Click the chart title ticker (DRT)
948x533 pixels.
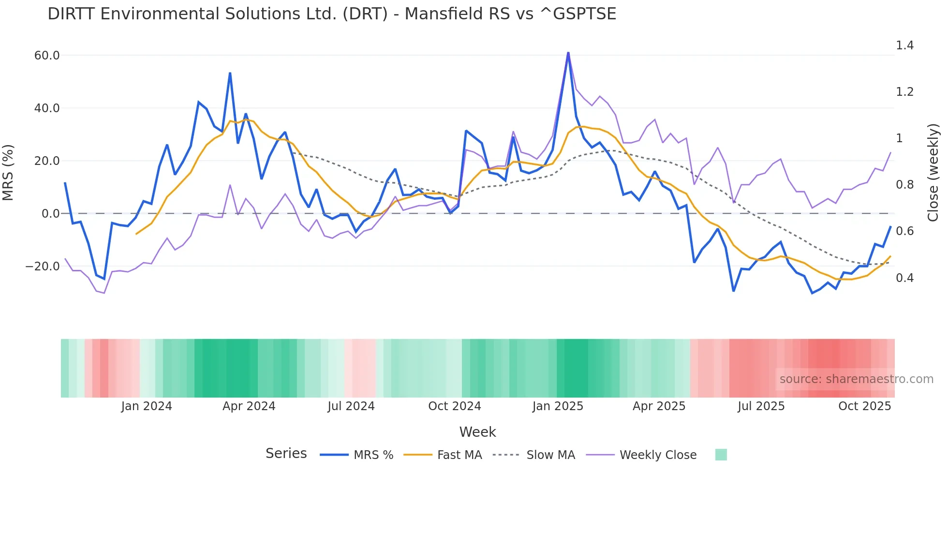pos(365,14)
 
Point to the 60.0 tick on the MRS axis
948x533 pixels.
pos(47,56)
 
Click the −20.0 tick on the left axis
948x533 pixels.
pos(43,266)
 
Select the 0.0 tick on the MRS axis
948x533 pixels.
pos(50,214)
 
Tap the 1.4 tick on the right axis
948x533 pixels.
pos(904,45)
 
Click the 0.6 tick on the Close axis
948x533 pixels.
pos(904,231)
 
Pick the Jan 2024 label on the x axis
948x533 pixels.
pos(146,406)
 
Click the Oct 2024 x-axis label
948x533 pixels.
pos(454,406)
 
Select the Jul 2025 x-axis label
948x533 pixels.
pos(761,406)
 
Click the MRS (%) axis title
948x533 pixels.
pos(8,173)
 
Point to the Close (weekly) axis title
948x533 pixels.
pos(933,173)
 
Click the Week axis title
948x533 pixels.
pos(477,432)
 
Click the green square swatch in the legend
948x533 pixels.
pos(721,455)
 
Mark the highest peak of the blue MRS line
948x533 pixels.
pos(568,53)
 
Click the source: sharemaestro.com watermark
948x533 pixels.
pos(856,379)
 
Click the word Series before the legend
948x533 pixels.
pos(286,454)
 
